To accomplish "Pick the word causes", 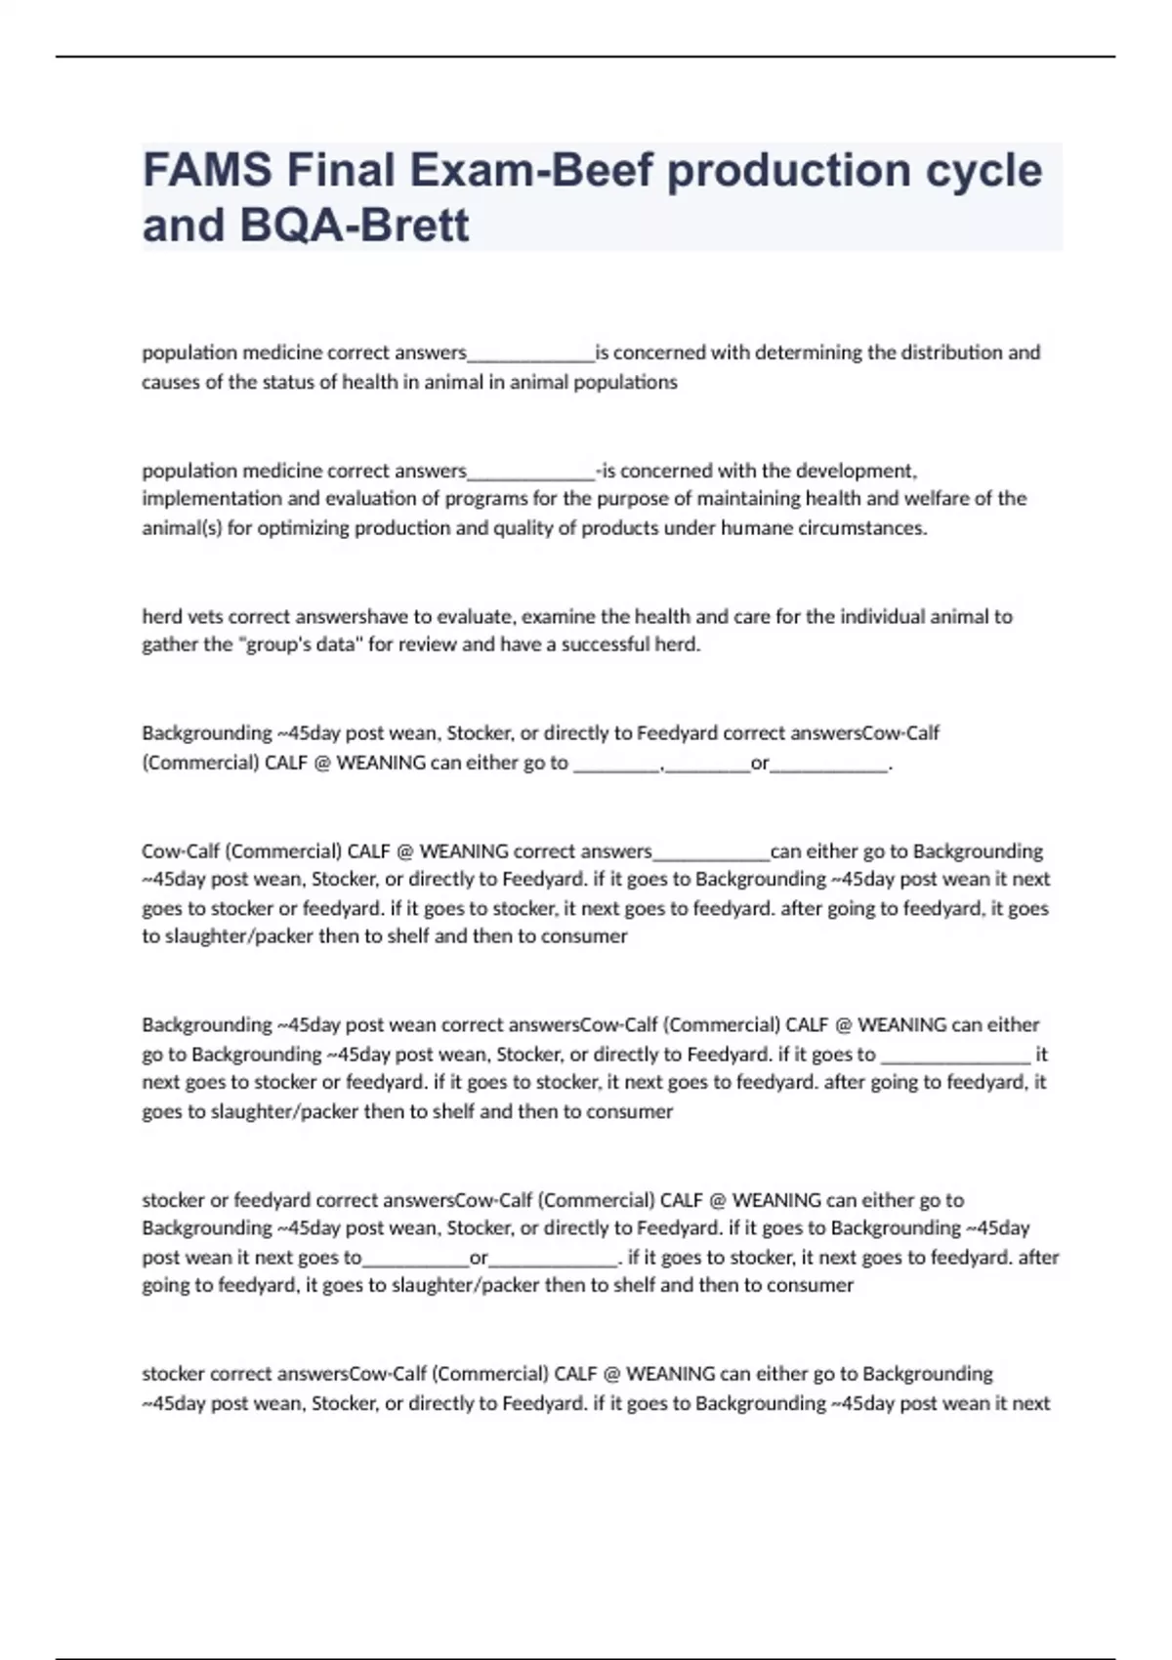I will point(169,382).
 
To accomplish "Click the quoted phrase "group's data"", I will point(299,644).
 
